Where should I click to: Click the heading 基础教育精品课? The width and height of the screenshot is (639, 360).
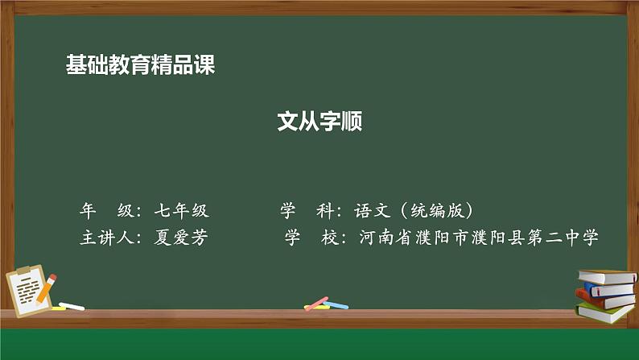point(140,65)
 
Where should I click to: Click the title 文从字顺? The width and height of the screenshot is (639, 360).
point(319,122)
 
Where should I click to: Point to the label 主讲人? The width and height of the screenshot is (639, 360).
point(106,238)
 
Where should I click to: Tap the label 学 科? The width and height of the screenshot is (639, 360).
point(306,212)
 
